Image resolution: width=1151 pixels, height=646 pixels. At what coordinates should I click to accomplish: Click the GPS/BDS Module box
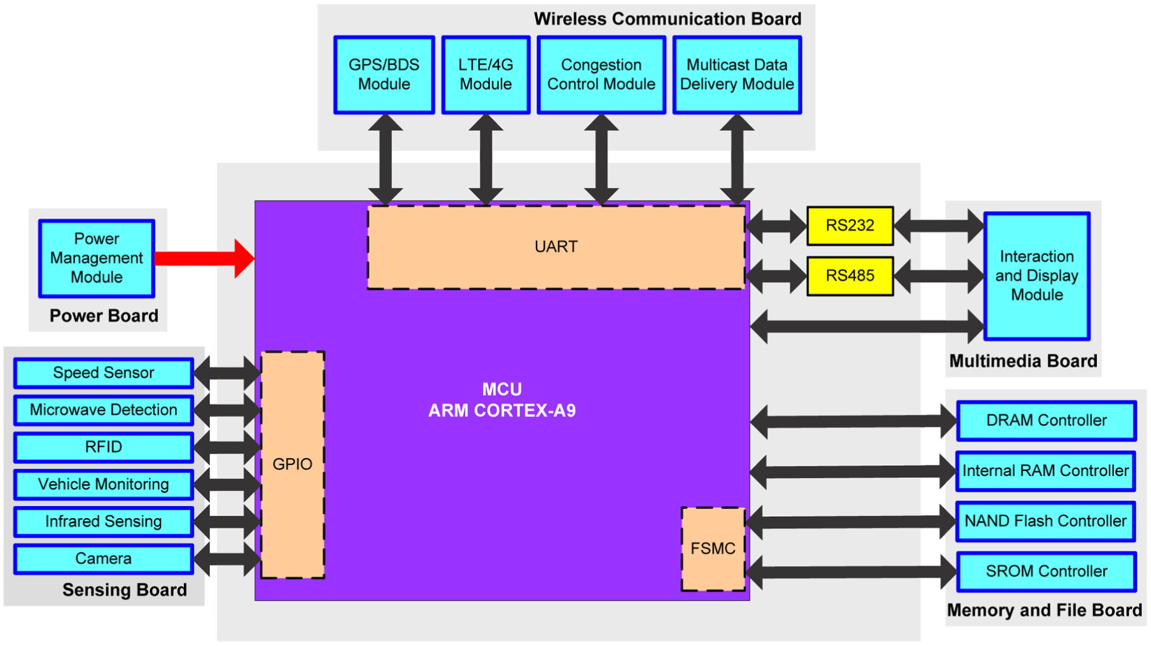(x=384, y=74)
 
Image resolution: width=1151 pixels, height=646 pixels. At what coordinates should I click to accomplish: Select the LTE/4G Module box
(x=486, y=74)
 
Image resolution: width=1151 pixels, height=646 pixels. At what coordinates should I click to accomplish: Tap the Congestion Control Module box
(x=601, y=74)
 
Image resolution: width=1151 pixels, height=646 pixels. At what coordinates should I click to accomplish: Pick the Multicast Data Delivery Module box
(x=737, y=74)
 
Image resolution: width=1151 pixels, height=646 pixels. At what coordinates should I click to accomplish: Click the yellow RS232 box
(x=850, y=225)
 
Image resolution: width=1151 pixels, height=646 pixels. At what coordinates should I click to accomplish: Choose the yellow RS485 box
(x=850, y=276)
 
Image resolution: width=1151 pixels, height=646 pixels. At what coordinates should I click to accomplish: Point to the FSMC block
(x=713, y=549)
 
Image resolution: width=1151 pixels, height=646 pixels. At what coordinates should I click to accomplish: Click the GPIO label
(x=293, y=464)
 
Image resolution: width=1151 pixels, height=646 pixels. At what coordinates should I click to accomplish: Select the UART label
(x=556, y=246)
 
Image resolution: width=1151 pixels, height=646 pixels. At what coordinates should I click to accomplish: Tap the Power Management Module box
(x=97, y=258)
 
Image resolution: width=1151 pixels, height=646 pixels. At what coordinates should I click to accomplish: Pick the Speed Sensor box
(x=104, y=373)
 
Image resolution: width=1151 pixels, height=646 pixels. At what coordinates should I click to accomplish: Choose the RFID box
(x=104, y=447)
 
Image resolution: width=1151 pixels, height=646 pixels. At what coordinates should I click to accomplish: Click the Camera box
(x=104, y=559)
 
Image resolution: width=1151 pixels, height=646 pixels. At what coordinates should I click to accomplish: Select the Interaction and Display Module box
(x=1037, y=276)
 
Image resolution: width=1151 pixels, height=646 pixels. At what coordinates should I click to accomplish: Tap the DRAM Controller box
(x=1047, y=420)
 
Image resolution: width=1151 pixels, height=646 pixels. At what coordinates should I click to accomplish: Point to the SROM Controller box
(x=1047, y=572)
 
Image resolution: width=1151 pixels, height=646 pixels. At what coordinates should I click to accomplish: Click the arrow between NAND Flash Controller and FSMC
(x=851, y=522)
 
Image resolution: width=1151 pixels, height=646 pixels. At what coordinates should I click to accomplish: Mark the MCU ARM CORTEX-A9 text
(x=502, y=400)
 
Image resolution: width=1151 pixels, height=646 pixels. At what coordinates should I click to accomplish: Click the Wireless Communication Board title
(x=667, y=19)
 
